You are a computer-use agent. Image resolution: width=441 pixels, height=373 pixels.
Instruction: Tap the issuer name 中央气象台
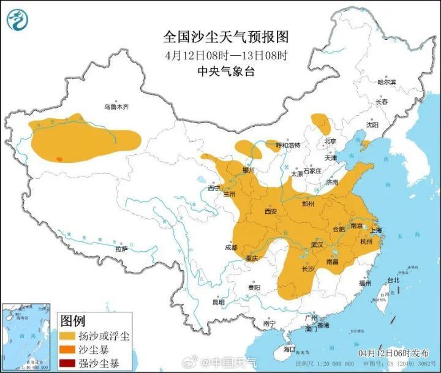tap(226, 71)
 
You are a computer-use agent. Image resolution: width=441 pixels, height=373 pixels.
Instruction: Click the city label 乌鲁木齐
tap(116, 107)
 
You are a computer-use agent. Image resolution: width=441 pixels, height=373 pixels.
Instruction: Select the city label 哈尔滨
tap(386, 82)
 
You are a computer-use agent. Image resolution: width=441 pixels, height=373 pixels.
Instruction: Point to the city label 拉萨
tap(121, 249)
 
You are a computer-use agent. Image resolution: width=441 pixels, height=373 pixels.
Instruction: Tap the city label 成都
tap(230, 247)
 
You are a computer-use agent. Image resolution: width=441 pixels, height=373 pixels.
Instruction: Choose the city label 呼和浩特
tap(288, 145)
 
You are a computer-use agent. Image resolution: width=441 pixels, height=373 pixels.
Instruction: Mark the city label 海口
tap(289, 349)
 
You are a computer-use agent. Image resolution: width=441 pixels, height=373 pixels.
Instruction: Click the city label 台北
tap(393, 280)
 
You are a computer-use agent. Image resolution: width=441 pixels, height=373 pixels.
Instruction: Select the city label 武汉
tap(317, 244)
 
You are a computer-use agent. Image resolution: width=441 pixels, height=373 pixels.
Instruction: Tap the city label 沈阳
tap(372, 124)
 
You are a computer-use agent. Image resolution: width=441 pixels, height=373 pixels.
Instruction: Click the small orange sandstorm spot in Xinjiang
tap(59, 159)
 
